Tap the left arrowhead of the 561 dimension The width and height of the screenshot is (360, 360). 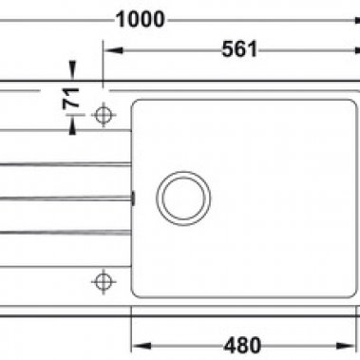107,50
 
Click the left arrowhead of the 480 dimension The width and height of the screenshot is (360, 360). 134,344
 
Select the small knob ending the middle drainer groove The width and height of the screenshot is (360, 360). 132,198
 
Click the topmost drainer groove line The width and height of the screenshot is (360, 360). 57,164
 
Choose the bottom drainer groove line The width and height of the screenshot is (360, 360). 57,231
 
